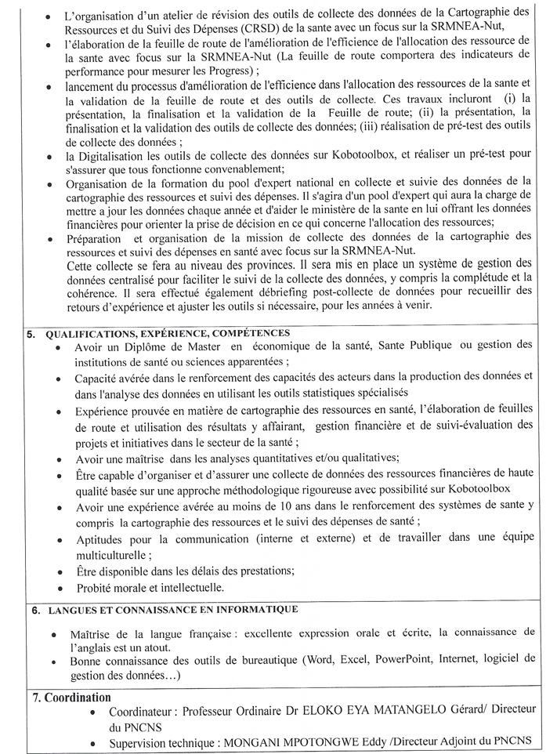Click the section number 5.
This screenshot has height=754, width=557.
[31, 333]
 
